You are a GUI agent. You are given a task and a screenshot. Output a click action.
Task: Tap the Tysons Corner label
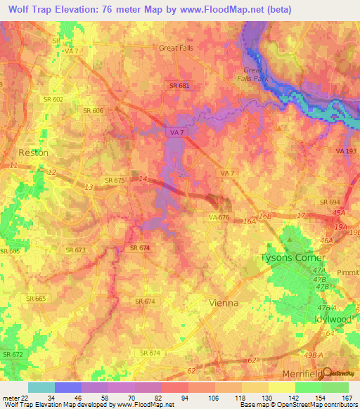(x=290, y=257)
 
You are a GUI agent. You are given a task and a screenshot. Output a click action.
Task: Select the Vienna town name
(x=224, y=303)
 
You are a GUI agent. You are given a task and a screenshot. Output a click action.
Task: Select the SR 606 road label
(x=94, y=111)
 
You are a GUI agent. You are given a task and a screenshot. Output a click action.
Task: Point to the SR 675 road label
(x=114, y=181)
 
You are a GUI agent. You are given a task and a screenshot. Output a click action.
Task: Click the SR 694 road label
(x=329, y=202)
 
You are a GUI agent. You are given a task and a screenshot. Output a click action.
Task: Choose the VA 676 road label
(x=219, y=218)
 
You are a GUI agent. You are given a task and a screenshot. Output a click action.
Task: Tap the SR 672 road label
(x=12, y=356)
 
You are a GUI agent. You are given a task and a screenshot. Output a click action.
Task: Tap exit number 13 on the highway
(x=88, y=187)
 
